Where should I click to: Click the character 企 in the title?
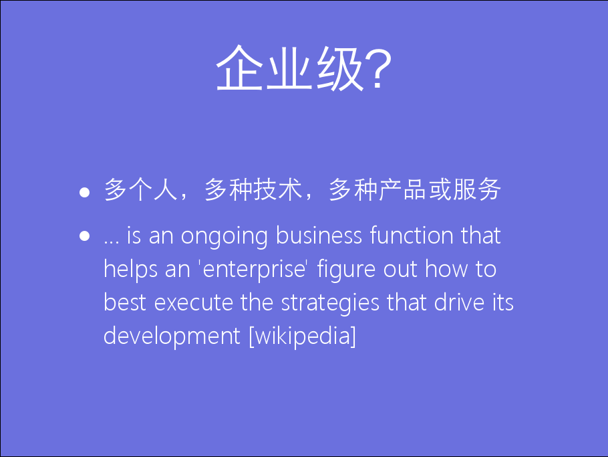click(239, 68)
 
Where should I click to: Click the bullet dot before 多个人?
click(85, 192)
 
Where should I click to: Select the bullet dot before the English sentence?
click(85, 236)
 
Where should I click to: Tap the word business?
click(319, 236)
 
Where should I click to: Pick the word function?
click(412, 235)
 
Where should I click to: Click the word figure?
click(346, 270)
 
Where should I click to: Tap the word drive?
click(459, 302)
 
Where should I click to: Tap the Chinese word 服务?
click(476, 189)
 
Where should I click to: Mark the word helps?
click(130, 270)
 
